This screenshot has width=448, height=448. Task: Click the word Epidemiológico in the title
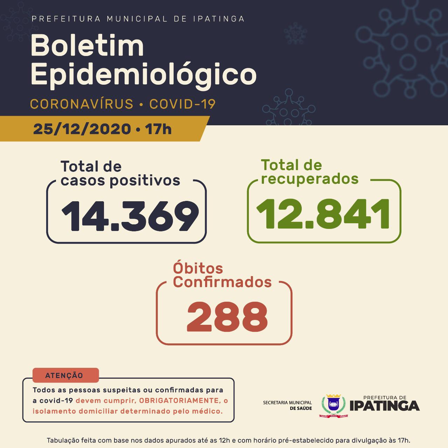tap(143, 75)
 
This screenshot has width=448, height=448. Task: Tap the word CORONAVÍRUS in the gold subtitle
tap(82, 104)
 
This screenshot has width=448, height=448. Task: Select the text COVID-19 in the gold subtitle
tap(182, 104)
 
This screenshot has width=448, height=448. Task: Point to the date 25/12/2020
tap(82, 129)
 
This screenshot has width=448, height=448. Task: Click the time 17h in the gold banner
tap(158, 129)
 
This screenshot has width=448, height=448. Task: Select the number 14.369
tap(130, 216)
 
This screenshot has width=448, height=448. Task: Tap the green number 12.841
tap(323, 213)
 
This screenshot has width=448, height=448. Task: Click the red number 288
tap(227, 316)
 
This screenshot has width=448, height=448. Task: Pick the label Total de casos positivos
tap(120, 174)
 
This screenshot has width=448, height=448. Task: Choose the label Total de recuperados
tap(309, 172)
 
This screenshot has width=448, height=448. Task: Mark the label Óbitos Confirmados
tap(222, 275)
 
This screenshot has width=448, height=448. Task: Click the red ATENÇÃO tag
tap(64, 376)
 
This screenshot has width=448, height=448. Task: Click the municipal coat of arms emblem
tap(333, 406)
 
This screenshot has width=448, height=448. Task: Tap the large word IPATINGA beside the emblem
tap(384, 406)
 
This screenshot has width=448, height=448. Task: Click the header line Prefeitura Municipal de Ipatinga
tap(138, 19)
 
